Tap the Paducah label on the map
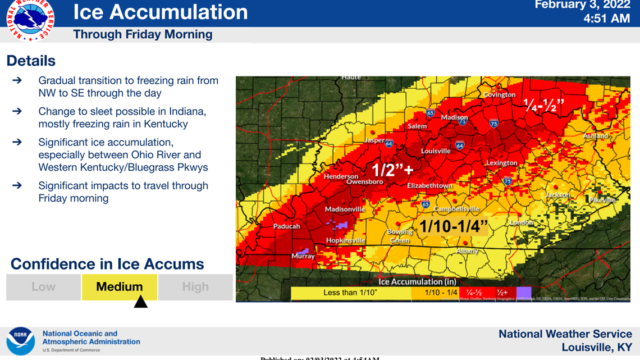pos(286,226)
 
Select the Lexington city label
pos(501,163)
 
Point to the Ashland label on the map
pos(595,136)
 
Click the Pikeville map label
pos(602,199)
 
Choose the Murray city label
pos(303,256)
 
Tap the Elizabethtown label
pos(429,185)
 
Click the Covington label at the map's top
pos(499,94)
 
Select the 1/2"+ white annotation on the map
pos(393,170)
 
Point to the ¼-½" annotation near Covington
pos(543,104)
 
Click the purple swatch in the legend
pos(523,293)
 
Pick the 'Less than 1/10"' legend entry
pos(351,293)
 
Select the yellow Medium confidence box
pos(120,287)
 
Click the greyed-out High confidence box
pos(195,287)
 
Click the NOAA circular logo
pos(21,340)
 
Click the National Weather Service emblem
pos(30,19)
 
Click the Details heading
pos(31,61)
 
